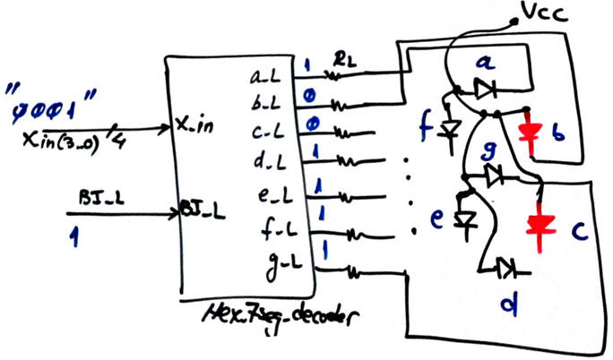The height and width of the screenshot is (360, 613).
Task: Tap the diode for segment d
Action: [x=507, y=266]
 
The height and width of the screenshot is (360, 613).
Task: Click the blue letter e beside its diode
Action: [x=438, y=219]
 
